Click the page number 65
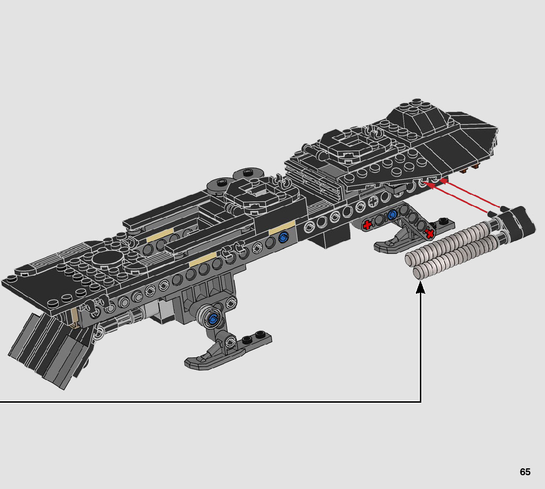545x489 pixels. [525, 472]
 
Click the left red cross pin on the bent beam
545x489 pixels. [367, 225]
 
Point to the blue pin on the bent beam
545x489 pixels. [393, 214]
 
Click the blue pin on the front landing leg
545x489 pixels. [213, 319]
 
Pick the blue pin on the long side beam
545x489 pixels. [283, 238]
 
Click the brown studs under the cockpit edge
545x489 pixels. [471, 170]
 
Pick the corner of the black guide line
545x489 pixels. [420, 402]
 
